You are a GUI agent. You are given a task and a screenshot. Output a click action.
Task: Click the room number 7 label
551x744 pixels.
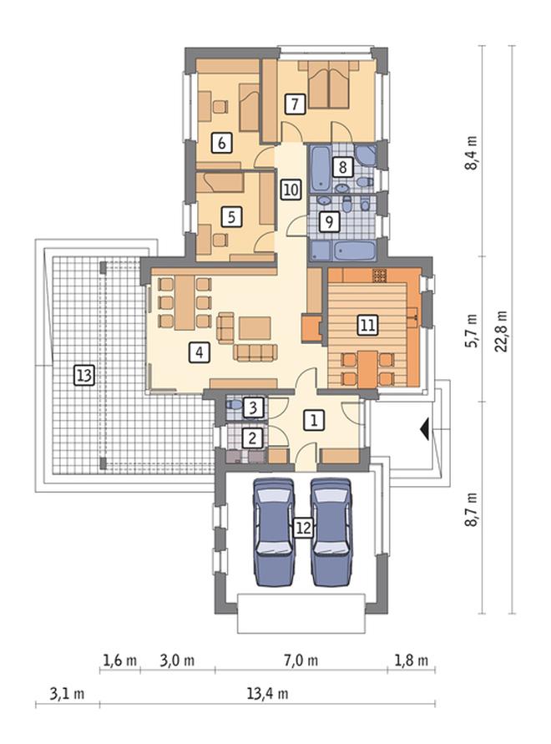click(295, 104)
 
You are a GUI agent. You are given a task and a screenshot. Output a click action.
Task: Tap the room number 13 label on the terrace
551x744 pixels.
click(84, 376)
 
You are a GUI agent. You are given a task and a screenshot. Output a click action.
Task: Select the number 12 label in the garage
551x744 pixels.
click(303, 528)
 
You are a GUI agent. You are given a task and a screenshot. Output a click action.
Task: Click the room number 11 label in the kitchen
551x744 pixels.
click(367, 326)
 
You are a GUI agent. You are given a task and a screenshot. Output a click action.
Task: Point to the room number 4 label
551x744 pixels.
click(199, 353)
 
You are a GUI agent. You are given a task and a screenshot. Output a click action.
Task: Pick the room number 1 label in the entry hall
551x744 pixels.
click(314, 420)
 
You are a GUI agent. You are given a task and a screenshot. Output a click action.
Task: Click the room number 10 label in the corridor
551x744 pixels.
click(291, 190)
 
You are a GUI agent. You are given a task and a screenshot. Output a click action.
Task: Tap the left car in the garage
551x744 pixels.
click(274, 532)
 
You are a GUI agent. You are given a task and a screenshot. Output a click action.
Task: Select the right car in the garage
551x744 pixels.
click(331, 532)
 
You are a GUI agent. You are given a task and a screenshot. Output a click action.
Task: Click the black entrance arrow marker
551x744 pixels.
click(425, 429)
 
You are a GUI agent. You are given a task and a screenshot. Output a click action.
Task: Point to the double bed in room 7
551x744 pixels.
click(328, 86)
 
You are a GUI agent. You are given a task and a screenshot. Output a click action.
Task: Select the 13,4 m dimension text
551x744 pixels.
click(267, 694)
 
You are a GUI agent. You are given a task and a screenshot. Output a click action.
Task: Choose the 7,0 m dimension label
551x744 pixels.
click(301, 660)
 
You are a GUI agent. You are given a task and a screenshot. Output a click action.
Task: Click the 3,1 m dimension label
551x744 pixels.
click(67, 694)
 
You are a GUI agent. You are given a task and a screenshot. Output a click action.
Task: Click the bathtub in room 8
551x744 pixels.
click(321, 168)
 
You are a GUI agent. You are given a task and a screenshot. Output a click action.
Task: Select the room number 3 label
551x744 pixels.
click(253, 407)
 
